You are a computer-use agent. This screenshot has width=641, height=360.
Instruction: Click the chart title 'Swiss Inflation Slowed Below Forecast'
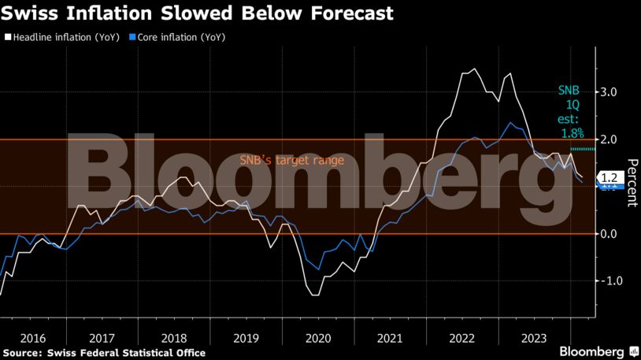point(198,14)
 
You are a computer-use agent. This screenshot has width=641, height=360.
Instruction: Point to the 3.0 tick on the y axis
point(608,92)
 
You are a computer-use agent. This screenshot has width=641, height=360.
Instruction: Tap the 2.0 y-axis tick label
point(608,139)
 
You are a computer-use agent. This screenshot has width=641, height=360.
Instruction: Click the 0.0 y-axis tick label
point(608,234)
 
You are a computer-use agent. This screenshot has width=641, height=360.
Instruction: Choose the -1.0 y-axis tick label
point(606,281)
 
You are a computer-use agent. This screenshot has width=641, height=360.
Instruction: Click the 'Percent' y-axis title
point(632,183)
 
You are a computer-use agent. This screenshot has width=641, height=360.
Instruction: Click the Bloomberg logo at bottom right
point(598,350)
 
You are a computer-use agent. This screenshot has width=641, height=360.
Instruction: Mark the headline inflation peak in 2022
point(472,69)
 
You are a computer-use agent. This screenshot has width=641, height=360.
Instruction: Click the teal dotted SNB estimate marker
point(583,148)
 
